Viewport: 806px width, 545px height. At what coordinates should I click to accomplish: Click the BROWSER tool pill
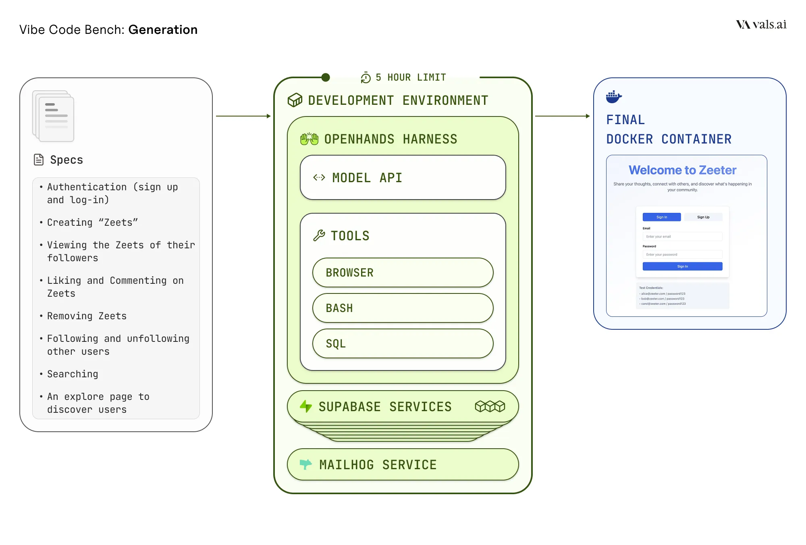403,272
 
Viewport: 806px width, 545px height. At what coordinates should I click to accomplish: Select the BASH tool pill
403,308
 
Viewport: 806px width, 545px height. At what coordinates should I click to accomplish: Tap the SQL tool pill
403,343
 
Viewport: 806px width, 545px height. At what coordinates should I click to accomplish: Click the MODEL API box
403,177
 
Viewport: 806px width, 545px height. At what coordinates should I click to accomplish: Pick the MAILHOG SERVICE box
403,464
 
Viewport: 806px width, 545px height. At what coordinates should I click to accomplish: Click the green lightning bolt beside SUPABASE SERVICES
306,406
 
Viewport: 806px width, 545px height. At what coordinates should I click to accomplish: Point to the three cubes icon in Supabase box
490,406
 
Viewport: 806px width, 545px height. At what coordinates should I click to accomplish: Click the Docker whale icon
613,97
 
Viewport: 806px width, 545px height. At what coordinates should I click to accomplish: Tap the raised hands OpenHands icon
309,139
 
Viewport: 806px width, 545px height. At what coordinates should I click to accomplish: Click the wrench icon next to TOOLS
319,235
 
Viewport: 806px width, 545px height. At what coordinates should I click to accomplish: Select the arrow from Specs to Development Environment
243,116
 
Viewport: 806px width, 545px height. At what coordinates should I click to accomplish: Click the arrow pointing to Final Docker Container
562,116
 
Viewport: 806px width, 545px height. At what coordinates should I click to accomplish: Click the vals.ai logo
761,25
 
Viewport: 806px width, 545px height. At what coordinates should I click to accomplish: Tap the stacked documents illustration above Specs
54,116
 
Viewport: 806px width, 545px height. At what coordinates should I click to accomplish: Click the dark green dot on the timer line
326,77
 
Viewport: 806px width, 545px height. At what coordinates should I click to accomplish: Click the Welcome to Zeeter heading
682,170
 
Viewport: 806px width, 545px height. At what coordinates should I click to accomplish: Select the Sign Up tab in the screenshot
703,217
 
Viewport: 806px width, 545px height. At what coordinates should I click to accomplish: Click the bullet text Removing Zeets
87,316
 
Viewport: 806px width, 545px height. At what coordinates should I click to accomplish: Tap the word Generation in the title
163,30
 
